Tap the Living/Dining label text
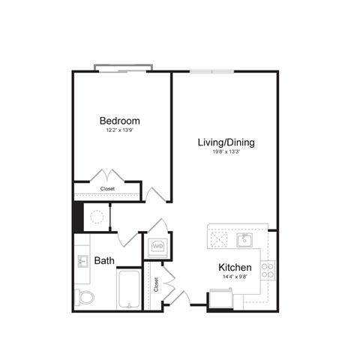click(226, 141)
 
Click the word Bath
click(104, 261)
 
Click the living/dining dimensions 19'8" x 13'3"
click(226, 151)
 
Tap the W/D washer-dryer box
click(158, 245)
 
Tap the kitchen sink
click(243, 240)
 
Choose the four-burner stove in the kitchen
click(268, 268)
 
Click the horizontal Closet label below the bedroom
click(108, 189)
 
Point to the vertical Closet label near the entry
click(156, 284)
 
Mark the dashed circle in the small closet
click(96, 217)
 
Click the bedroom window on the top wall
click(124, 70)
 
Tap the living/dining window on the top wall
click(212, 71)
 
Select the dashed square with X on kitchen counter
click(218, 239)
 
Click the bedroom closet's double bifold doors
click(107, 175)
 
